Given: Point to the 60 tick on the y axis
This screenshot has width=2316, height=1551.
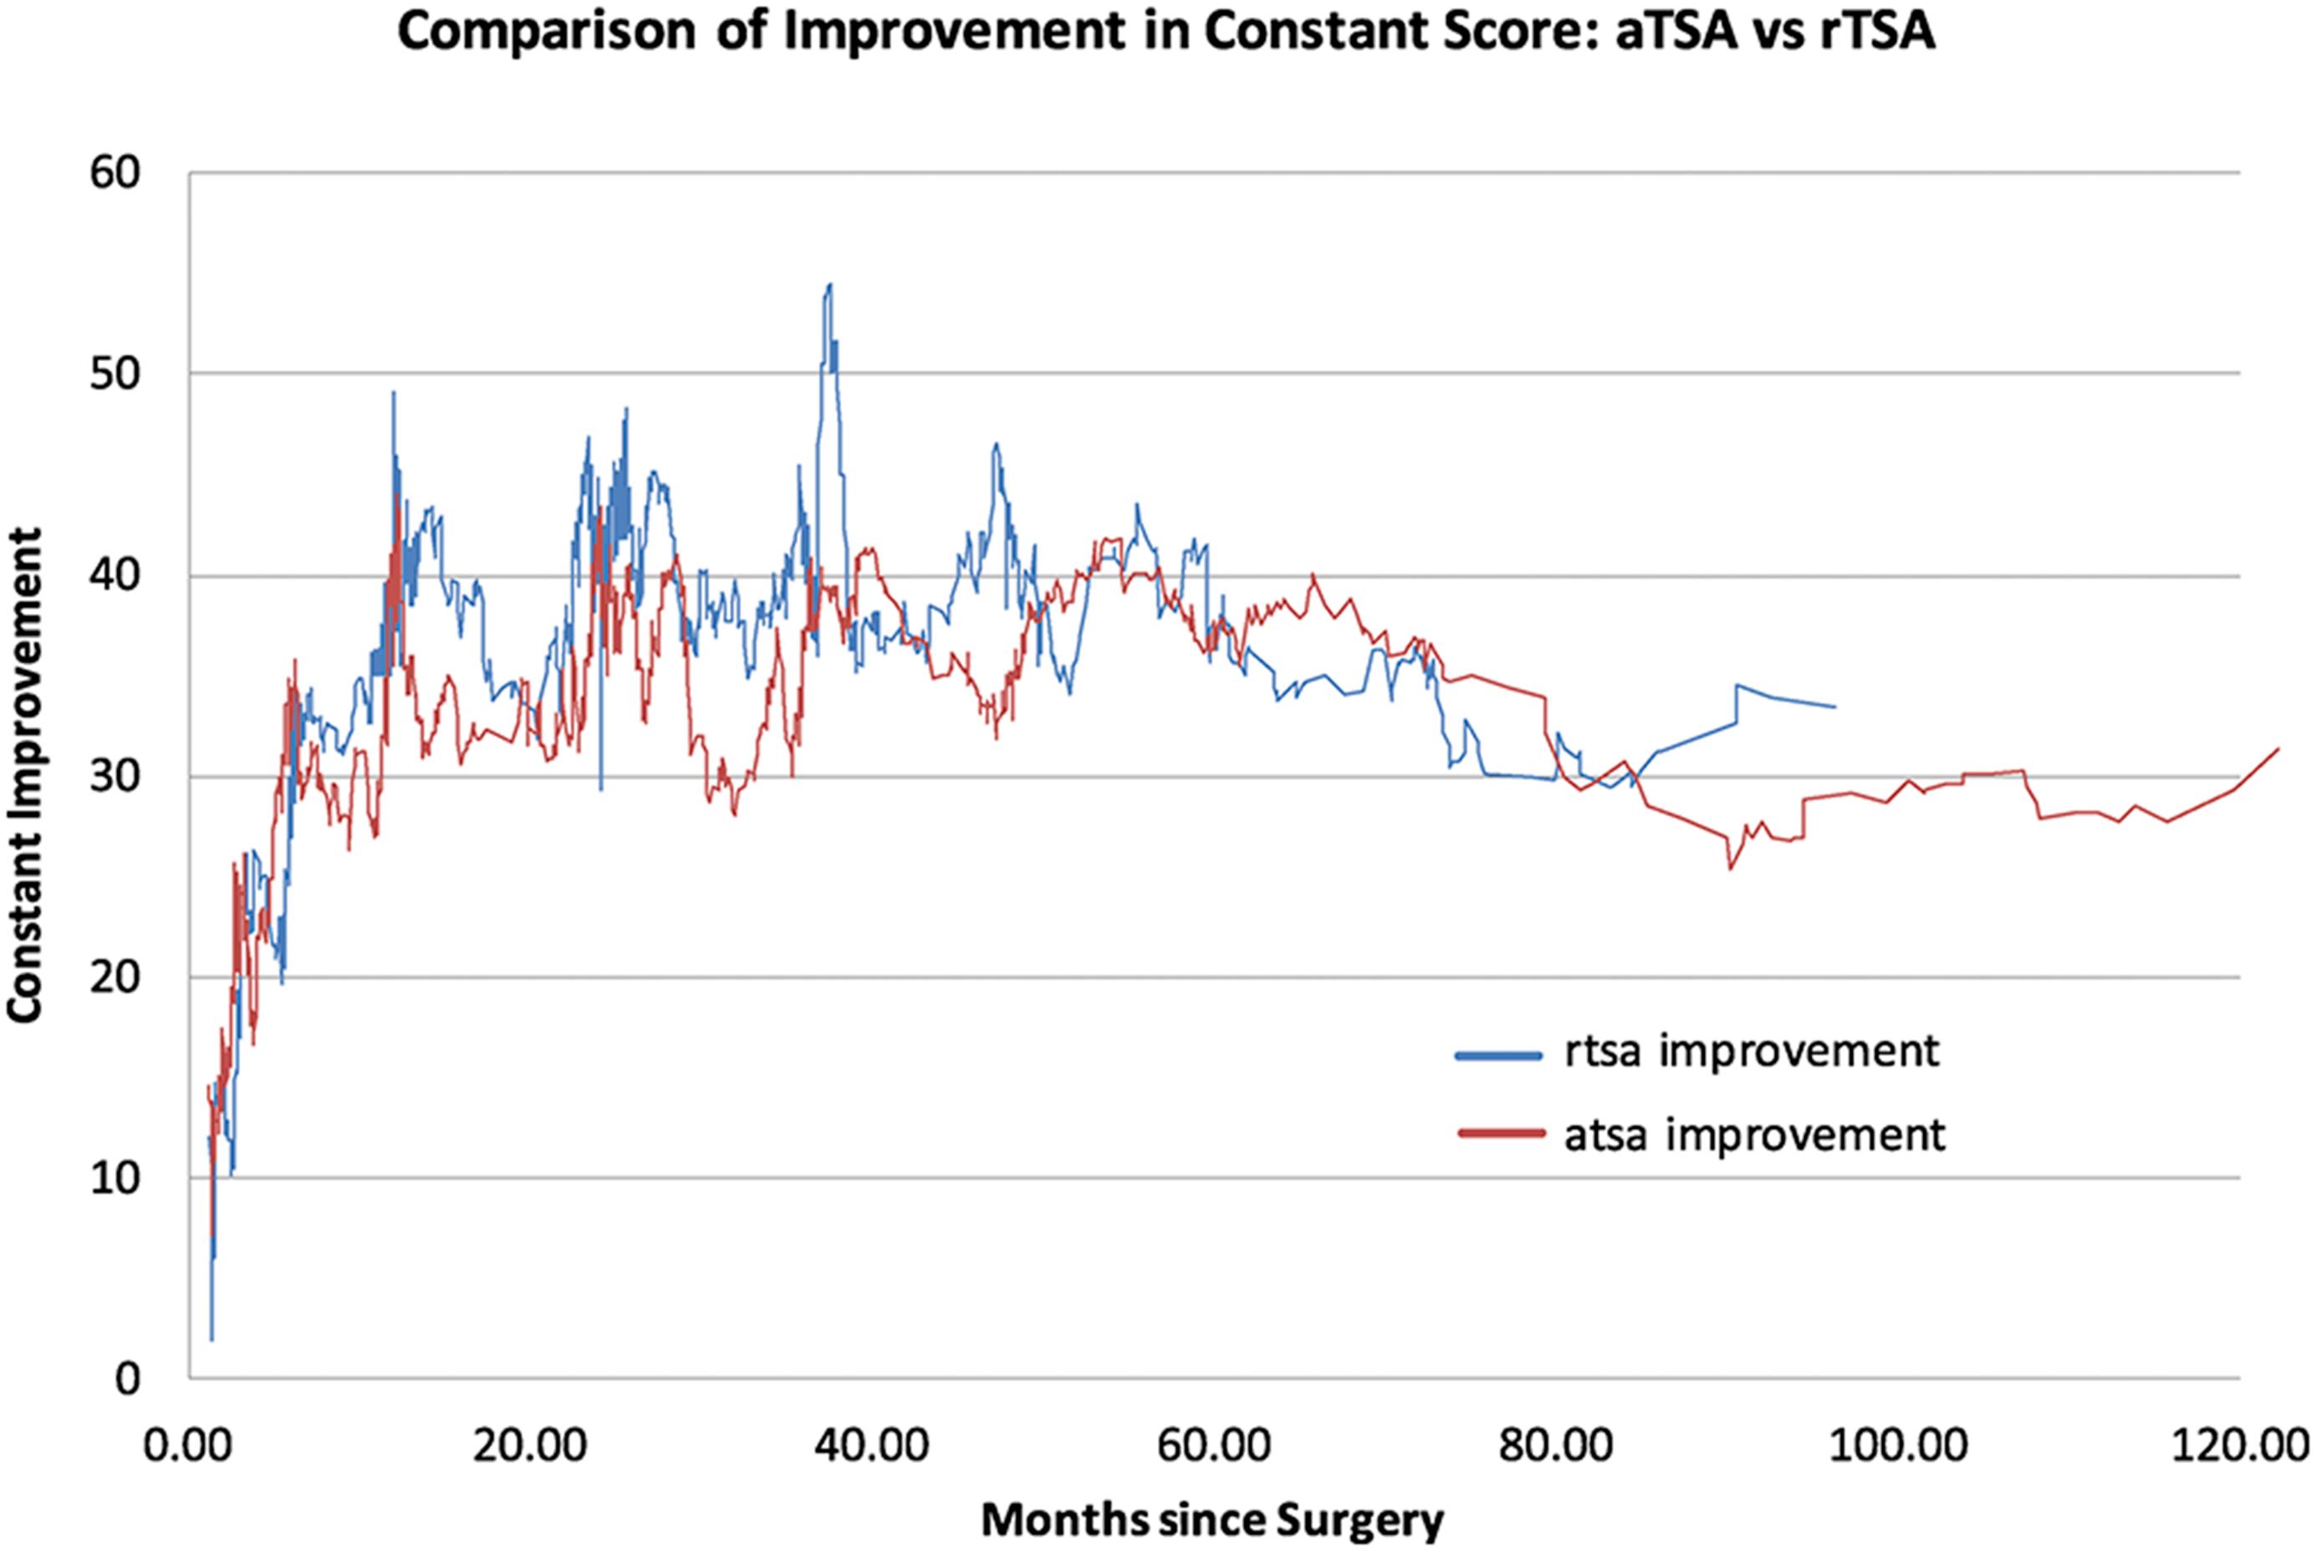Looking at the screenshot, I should click(x=118, y=173).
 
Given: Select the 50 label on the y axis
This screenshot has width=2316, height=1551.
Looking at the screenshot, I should click(x=118, y=374).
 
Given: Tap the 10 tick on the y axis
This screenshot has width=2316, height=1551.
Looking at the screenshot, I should click(x=118, y=1178).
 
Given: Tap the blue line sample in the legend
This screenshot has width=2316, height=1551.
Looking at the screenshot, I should click(x=1498, y=1055).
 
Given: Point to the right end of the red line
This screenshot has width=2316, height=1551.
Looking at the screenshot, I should click(x=2278, y=749).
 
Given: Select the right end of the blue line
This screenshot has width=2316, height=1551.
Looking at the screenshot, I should click(x=1834, y=707).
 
